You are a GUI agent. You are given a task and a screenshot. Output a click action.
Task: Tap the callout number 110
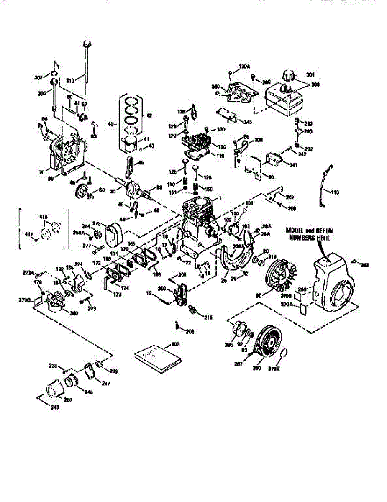click(x=336, y=193)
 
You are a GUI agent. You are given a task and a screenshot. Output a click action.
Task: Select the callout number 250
click(x=68, y=400)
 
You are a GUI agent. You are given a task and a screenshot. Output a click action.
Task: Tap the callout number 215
click(x=208, y=318)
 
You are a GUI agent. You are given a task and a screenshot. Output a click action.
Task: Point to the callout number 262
click(x=365, y=265)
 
